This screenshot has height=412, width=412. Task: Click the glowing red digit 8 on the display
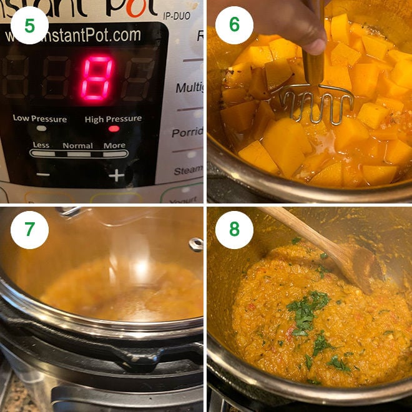[x=99, y=77]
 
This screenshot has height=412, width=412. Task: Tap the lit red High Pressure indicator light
[x=114, y=129]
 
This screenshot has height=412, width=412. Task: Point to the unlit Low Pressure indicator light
[x=41, y=129]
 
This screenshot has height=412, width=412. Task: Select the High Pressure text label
[x=113, y=119]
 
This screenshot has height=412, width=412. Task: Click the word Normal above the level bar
[x=78, y=145]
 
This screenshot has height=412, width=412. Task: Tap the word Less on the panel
[x=41, y=145]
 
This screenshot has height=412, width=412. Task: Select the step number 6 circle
[x=234, y=25]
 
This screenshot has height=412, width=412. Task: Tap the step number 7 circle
[x=29, y=229]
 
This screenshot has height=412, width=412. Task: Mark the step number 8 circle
[x=234, y=229]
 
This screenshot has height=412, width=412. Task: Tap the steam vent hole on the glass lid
[x=196, y=244]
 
